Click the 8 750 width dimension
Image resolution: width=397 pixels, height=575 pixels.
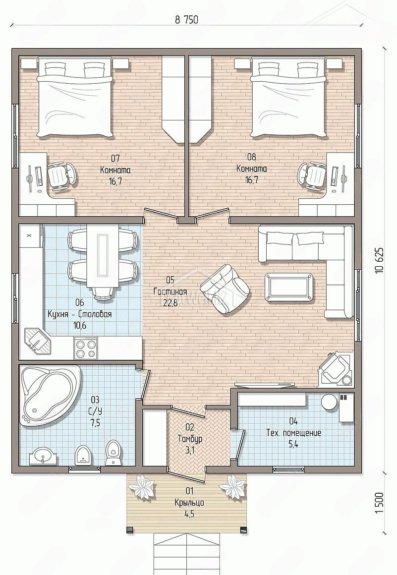(x=186, y=19)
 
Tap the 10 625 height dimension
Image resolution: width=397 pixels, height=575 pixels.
(x=379, y=260)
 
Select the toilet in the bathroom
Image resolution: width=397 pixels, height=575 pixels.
(x=112, y=453)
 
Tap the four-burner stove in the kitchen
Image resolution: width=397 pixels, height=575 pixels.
(x=86, y=348)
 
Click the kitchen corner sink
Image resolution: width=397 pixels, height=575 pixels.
(x=37, y=342)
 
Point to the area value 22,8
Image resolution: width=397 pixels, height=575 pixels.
(x=170, y=302)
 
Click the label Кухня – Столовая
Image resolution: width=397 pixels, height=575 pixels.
(x=79, y=314)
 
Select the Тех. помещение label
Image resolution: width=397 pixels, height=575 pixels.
(x=293, y=433)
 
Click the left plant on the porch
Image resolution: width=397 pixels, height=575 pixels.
(x=143, y=487)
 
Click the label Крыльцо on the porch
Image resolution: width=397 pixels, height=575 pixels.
(x=189, y=503)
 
